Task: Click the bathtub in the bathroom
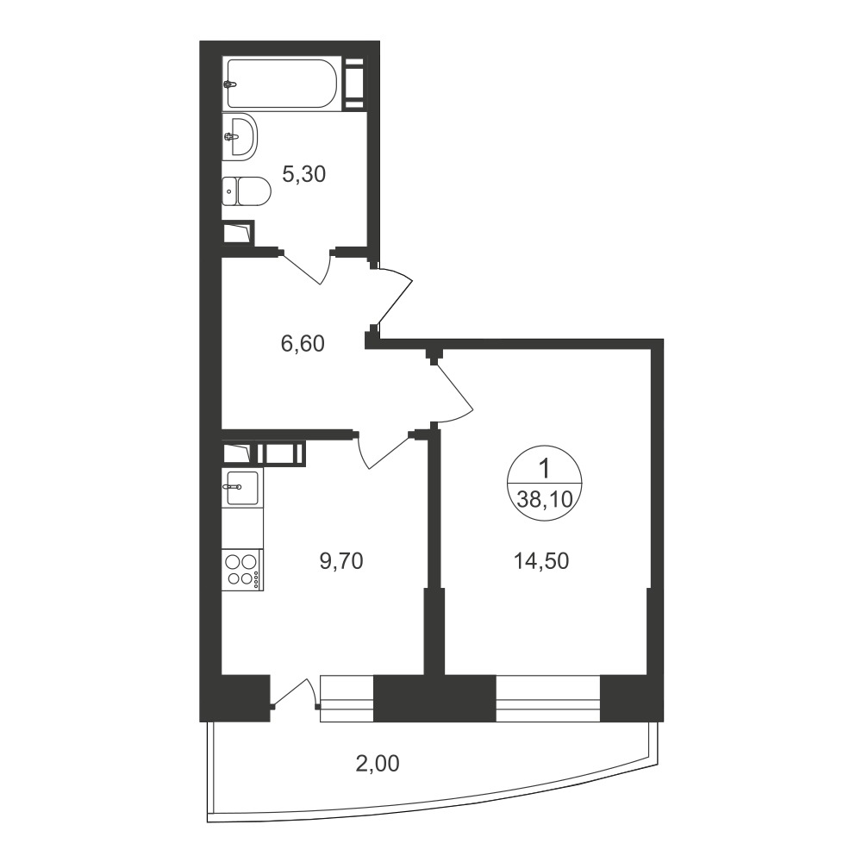pyautogui.click(x=282, y=83)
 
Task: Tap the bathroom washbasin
pyautogui.click(x=240, y=136)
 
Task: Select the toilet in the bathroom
pyautogui.click(x=247, y=191)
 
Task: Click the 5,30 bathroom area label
pyautogui.click(x=304, y=174)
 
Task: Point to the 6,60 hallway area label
pyautogui.click(x=303, y=344)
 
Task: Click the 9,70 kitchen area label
pyautogui.click(x=341, y=561)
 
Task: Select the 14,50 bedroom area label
pyautogui.click(x=541, y=561)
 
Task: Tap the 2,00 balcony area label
pyautogui.click(x=378, y=764)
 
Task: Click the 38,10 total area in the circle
pyautogui.click(x=545, y=499)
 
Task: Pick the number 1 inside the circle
pyautogui.click(x=545, y=469)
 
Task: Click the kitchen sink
pyautogui.click(x=242, y=487)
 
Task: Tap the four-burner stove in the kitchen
pyautogui.click(x=242, y=570)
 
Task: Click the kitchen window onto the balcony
pyautogui.click(x=347, y=698)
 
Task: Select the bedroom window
pyautogui.click(x=548, y=698)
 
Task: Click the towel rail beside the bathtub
pyautogui.click(x=354, y=83)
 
